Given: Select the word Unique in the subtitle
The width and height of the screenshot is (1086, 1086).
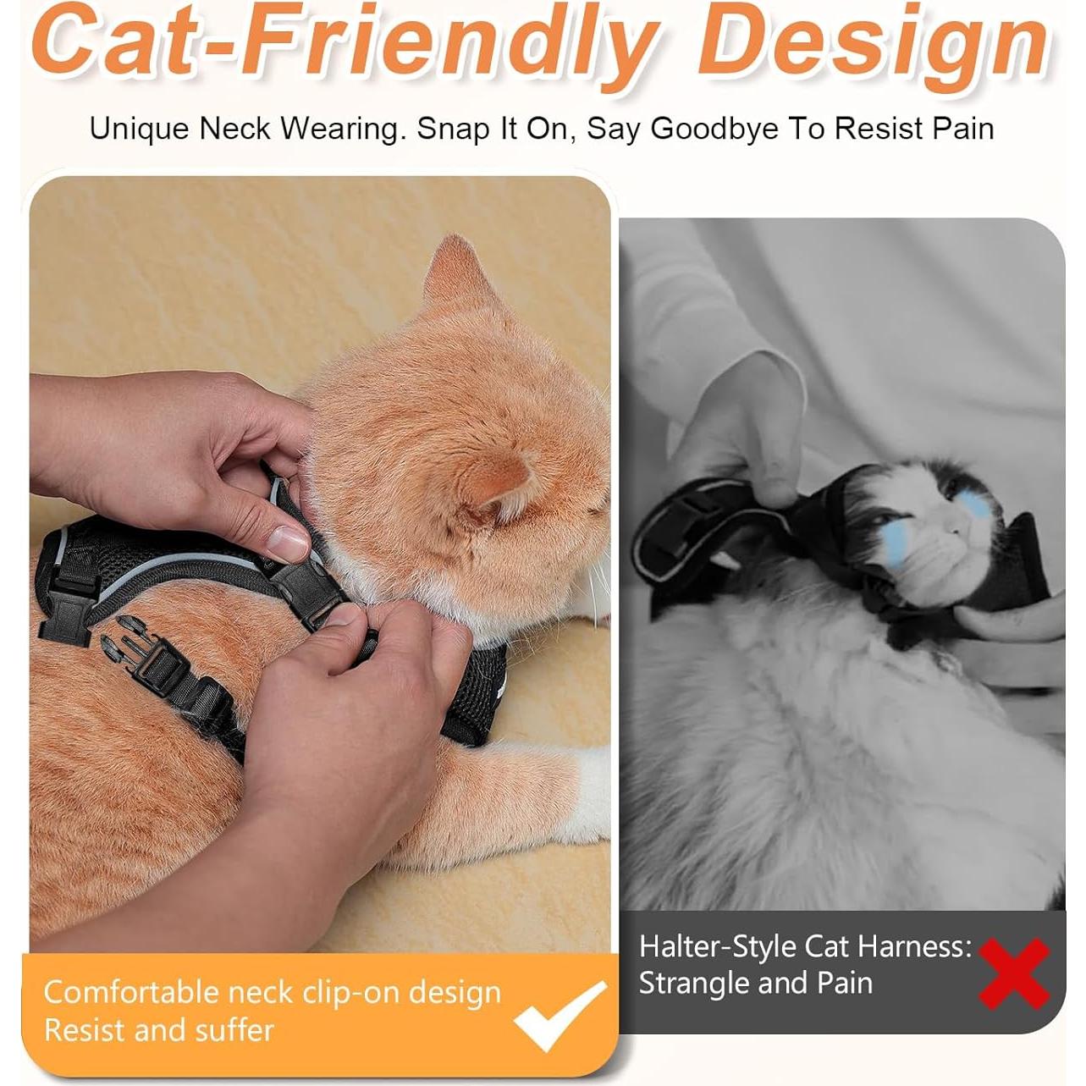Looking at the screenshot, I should tap(139, 129).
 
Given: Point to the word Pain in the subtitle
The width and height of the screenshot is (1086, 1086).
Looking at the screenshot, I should tap(963, 129).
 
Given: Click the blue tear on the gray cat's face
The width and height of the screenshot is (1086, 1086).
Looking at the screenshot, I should tap(973, 506).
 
